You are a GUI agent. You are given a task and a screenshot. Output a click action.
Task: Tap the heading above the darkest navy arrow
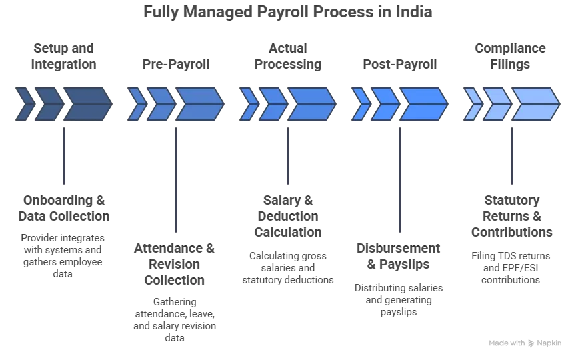(x=64, y=55)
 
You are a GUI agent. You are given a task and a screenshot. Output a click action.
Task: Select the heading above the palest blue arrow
(x=512, y=55)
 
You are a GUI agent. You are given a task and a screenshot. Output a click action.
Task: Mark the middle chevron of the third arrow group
(x=273, y=104)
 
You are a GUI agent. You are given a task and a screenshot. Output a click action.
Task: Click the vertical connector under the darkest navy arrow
(x=64, y=153)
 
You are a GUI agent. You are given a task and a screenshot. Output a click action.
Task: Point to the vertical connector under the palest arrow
(x=512, y=153)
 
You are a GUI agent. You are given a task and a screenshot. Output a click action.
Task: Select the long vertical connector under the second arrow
(x=175, y=177)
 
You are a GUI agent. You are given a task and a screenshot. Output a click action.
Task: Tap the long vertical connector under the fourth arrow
(x=399, y=177)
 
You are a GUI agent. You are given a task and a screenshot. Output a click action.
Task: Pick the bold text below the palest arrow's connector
(x=512, y=216)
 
